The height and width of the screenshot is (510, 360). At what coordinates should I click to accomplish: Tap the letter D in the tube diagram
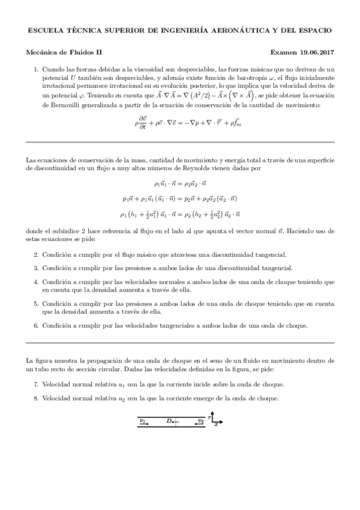click(x=169, y=421)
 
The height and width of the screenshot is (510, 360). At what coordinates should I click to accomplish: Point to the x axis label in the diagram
click(x=216, y=425)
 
